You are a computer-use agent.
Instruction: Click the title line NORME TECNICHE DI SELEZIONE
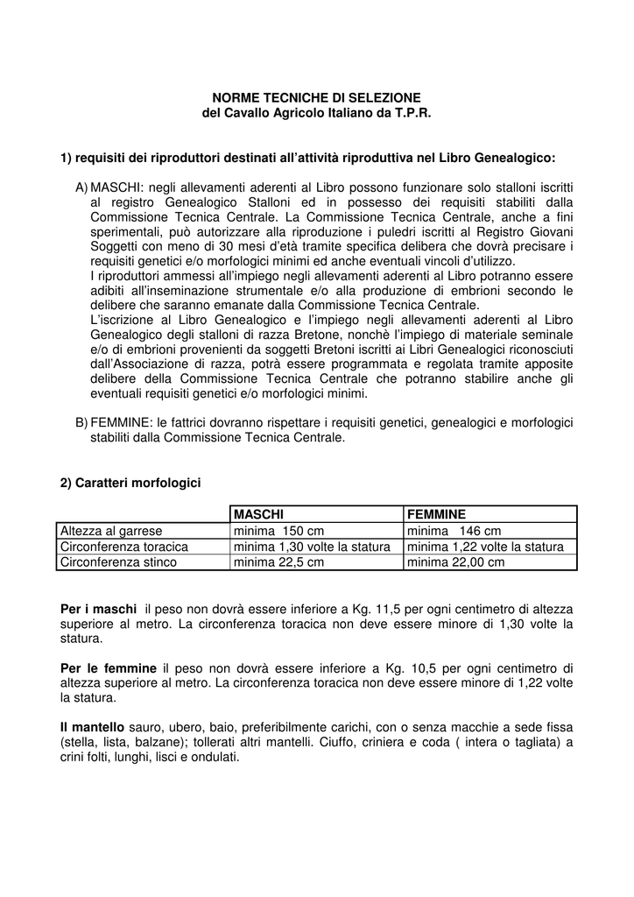(317, 97)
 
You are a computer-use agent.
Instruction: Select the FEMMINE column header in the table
(436, 514)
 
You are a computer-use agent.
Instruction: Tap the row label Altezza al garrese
(111, 531)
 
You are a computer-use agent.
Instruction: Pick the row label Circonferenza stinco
(118, 562)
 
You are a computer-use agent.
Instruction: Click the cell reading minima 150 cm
(278, 531)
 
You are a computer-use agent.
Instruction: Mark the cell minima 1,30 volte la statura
(311, 547)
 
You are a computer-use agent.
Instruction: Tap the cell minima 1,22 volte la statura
(485, 547)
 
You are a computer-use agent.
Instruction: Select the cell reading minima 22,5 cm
(278, 562)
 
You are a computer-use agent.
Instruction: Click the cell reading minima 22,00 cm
(455, 562)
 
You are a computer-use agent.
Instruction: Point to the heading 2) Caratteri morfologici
(130, 483)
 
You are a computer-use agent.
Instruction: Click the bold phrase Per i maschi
(98, 608)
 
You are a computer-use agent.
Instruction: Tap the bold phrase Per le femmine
(109, 667)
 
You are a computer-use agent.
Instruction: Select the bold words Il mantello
(93, 727)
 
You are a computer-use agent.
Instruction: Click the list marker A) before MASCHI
(82, 188)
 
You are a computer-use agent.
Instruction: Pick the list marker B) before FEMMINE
(82, 422)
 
